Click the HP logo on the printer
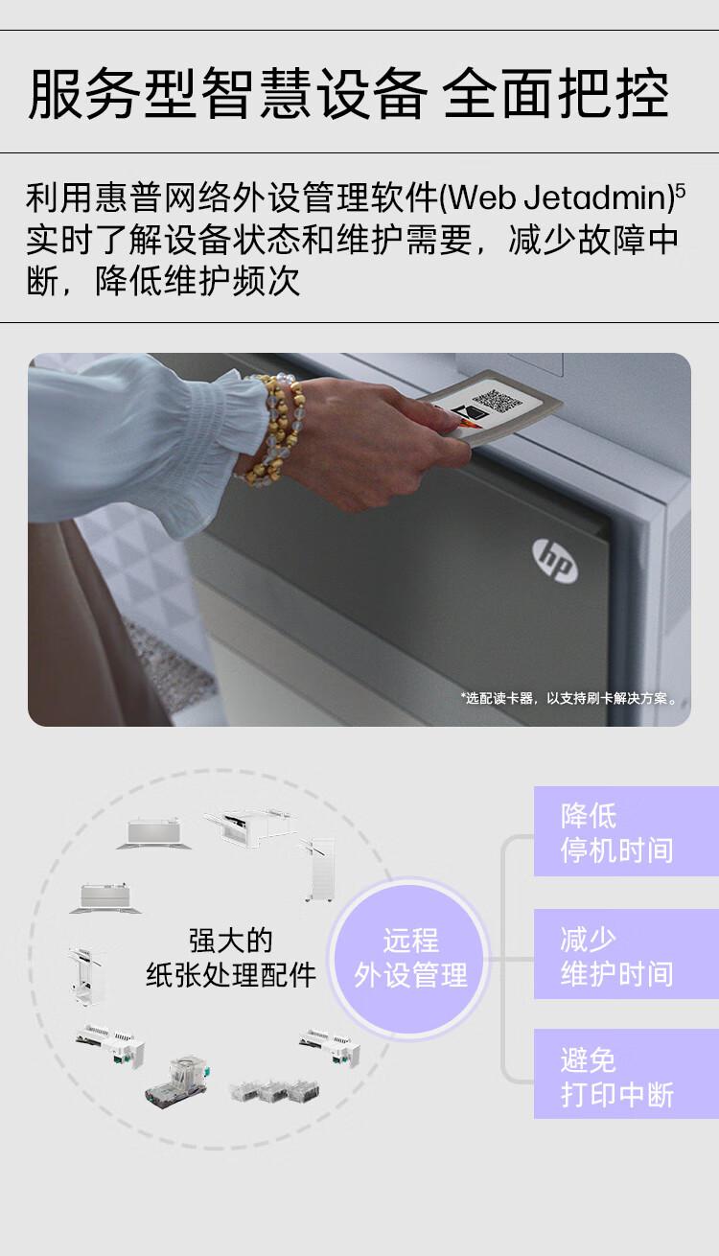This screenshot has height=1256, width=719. point(555,559)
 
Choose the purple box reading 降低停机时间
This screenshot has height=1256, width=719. point(626,831)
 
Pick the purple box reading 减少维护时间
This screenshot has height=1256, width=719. point(626,954)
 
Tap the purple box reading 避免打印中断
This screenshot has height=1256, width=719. point(626,1076)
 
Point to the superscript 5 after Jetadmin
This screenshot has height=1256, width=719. point(680,191)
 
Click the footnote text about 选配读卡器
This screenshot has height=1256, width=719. point(569,698)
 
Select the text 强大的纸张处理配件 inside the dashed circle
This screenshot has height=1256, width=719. point(230,958)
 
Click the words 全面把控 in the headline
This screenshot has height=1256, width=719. point(556,94)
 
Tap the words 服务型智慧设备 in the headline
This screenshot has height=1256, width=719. point(228,94)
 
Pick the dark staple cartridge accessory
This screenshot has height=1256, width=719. point(176,1083)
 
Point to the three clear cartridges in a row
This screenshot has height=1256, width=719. point(274,1091)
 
